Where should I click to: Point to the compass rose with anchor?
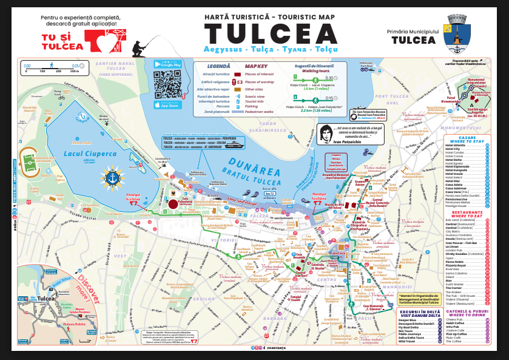[111, 178]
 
